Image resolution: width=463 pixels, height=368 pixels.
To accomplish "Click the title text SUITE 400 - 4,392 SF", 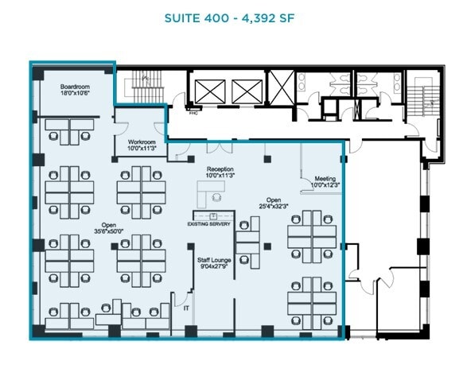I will (231, 17).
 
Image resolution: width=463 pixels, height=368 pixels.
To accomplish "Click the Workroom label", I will (140, 140).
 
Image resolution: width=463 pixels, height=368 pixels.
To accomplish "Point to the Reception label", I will (220, 169).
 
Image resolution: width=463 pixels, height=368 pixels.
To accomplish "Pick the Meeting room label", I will (325, 178).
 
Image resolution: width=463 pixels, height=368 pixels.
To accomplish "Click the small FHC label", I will (192, 113).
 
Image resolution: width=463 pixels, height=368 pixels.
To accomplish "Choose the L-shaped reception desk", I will (212, 192).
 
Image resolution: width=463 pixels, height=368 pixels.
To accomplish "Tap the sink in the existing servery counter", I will (213, 216).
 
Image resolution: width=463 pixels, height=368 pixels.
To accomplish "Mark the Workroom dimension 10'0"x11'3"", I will (140, 147).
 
